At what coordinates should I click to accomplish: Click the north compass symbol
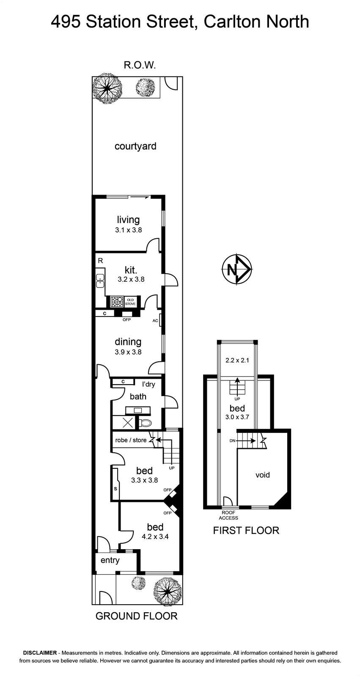point(237,269)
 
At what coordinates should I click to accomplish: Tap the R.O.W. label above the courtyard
point(140,65)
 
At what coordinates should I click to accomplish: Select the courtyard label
point(135,146)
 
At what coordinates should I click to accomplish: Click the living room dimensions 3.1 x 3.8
point(128,230)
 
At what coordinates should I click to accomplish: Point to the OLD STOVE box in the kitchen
point(130,302)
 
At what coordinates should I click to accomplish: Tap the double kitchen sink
point(100,281)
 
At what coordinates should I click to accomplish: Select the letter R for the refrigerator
point(100,261)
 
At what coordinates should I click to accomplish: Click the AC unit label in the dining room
point(155,321)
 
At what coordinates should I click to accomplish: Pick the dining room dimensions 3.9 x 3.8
point(128,352)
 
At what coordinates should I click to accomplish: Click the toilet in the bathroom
point(146,423)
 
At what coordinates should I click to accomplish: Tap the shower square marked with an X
point(128,422)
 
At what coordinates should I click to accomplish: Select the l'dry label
point(148,384)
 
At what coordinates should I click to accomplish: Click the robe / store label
point(131,440)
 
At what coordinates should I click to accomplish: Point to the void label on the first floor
point(262,475)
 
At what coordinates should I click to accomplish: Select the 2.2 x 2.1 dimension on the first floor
point(237,360)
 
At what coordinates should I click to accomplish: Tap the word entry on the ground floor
point(110,560)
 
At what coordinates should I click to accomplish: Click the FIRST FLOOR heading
point(246,531)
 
